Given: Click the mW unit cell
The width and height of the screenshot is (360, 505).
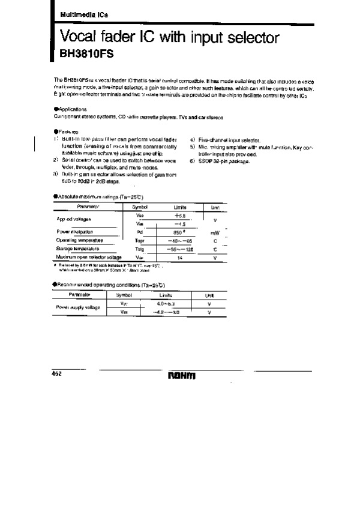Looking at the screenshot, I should click(214, 232).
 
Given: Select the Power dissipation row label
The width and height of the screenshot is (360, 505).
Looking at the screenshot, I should click(75, 231).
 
